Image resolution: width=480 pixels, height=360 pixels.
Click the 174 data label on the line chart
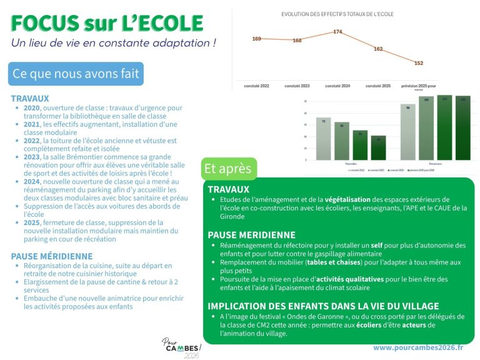pos(337,31)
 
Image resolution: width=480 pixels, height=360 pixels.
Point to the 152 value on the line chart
pos(419,63)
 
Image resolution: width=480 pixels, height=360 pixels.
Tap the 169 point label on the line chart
pos(257,39)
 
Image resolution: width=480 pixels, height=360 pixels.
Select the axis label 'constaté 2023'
pos(297,86)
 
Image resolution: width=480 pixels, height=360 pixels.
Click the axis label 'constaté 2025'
pos(378,86)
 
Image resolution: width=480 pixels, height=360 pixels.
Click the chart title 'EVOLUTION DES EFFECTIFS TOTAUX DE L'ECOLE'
pos(337,14)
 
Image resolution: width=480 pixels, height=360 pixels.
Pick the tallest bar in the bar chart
pos(444,127)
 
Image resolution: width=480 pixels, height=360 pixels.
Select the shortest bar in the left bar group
pos(378,147)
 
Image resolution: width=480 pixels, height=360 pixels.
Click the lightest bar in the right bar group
pos(407,132)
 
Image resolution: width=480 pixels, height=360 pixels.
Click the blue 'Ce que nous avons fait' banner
pos(76,74)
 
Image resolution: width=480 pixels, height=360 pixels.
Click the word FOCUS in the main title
pos(43,23)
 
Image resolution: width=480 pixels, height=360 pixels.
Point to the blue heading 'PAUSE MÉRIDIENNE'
pos(52,256)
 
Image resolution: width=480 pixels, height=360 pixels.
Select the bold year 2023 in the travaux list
pos(32,157)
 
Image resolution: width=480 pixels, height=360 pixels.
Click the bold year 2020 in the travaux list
pos(32,108)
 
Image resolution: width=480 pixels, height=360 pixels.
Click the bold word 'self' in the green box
pos(376,245)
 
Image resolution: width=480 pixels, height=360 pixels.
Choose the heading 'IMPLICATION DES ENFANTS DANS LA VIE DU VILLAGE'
pos(323,306)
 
